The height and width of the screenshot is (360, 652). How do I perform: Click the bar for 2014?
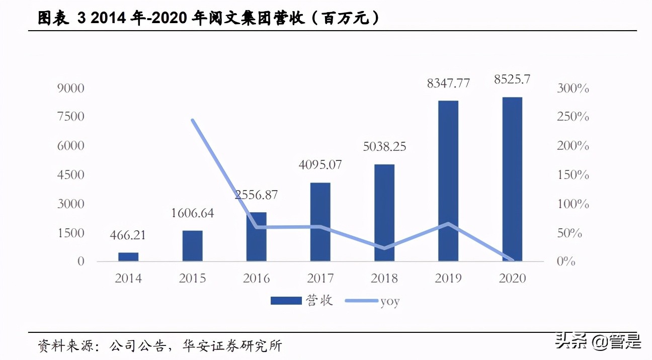point(128,256)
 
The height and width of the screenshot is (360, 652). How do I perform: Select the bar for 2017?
point(320,222)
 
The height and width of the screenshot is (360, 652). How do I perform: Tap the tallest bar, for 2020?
point(512,179)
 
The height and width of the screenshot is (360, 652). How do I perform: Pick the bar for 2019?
point(448,181)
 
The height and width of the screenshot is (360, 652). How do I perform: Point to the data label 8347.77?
point(448,83)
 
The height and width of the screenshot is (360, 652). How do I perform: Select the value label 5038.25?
point(384,147)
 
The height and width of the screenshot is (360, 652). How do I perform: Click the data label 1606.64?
point(192,213)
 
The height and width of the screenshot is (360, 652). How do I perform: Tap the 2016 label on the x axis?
point(256,278)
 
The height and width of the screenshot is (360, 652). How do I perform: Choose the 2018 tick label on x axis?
point(384,278)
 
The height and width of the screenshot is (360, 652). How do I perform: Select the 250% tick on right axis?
point(573,117)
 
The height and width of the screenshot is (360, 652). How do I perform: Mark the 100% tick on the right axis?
point(573,204)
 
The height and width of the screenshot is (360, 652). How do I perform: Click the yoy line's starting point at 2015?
point(192,120)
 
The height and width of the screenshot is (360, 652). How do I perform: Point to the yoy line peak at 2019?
point(448,224)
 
